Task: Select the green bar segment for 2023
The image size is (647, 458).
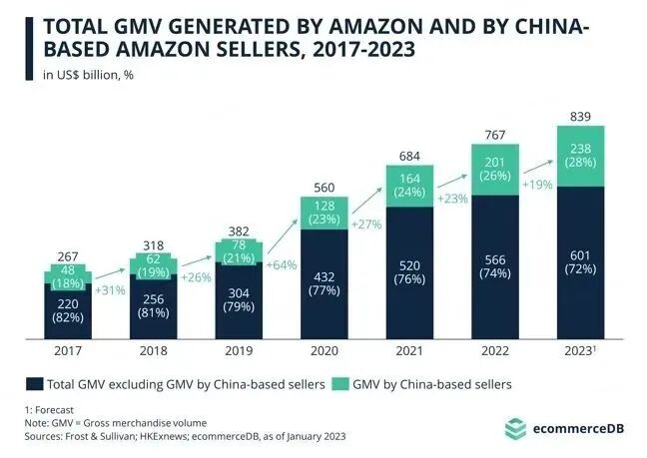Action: coord(581,156)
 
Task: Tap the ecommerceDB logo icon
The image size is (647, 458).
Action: coord(514,428)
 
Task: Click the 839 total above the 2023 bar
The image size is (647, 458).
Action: coord(581,117)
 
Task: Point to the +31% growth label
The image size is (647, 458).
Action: coord(110,290)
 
